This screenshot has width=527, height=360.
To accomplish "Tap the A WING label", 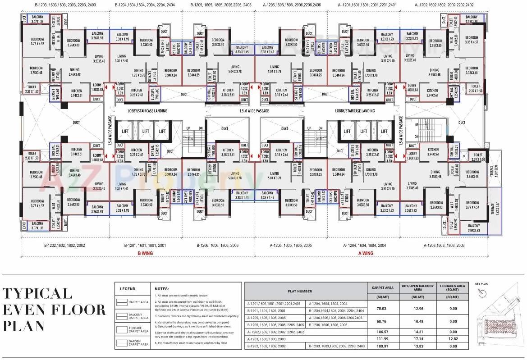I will coord(366,253).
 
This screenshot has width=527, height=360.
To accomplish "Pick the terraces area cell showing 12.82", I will coord(452,338).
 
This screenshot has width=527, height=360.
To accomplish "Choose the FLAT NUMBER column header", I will coord(306,292).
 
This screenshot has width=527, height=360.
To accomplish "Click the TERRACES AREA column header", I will coord(452,288).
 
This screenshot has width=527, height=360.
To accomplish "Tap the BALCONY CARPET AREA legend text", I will coord(138,316).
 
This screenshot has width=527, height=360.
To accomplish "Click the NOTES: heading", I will coord(162,289).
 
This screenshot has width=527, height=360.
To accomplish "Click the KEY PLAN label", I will coord(481,284).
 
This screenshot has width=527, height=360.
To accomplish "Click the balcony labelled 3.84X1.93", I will coord(473,228).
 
